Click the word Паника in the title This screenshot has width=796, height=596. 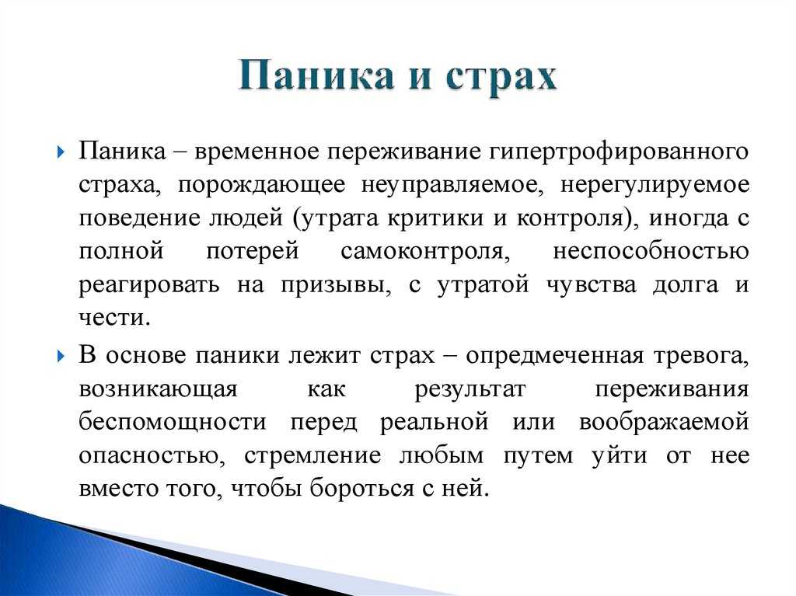tap(316, 75)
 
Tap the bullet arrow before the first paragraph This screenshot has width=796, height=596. tap(61, 152)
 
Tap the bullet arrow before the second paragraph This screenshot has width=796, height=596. tap(61, 355)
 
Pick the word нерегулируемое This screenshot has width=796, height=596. tap(655, 186)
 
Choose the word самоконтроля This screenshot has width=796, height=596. tap(425, 252)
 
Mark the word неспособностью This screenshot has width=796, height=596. tap(651, 252)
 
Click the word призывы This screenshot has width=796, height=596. tap(336, 285)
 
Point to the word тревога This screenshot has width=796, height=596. tap(701, 356)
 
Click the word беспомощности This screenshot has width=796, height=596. tap(173, 423)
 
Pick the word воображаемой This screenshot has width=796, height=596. tap(664, 423)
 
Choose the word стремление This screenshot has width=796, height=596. tap(312, 456)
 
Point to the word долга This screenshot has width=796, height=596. tap(686, 285)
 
